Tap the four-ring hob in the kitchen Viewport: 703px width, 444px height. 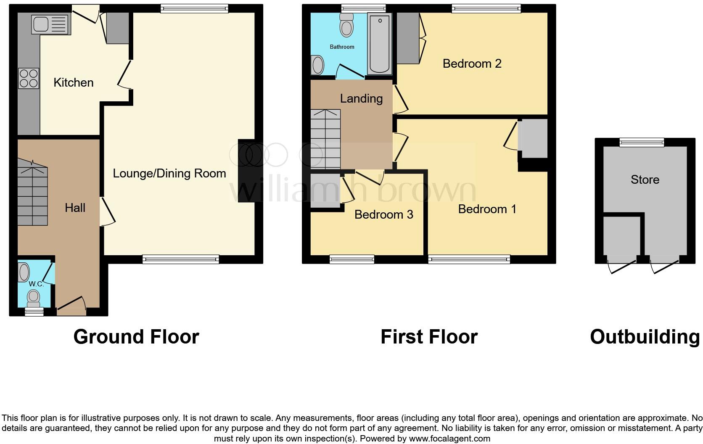tap(29, 78)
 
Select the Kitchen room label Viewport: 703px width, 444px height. tap(74, 82)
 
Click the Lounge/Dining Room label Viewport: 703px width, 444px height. tap(169, 173)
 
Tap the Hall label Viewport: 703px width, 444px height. tap(75, 207)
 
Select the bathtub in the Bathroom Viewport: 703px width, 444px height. tap(380, 44)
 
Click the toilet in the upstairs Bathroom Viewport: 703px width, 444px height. tap(346, 25)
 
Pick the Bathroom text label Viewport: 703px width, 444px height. tap(342, 47)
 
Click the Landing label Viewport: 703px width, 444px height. tap(361, 98)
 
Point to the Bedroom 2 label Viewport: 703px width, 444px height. tap(472, 63)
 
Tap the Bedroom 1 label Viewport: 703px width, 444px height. tap(487, 209)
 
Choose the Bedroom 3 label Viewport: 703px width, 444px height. tap(383, 214)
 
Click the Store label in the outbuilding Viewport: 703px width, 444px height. tap(645, 180)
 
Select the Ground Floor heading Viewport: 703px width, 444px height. tap(136, 337)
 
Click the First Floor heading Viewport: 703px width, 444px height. tap(429, 337)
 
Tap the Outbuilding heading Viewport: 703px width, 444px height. tap(645, 337)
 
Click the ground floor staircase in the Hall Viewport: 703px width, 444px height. tap(33, 196)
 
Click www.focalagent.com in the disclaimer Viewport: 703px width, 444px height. tap(449, 439)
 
